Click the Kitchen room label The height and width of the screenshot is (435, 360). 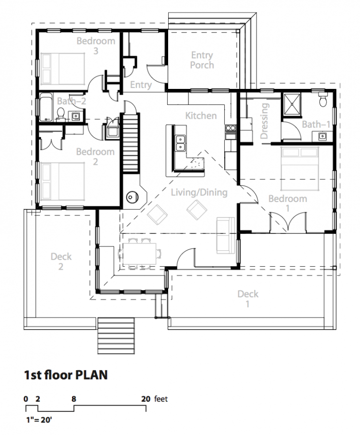[x=201, y=116]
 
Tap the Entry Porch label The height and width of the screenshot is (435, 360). [x=202, y=60]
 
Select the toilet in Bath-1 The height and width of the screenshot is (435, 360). [x=323, y=100]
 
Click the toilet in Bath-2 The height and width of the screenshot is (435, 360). [x=60, y=114]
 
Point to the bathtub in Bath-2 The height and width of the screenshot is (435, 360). [x=46, y=107]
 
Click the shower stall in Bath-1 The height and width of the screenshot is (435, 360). [x=291, y=103]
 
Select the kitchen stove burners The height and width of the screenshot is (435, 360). [x=230, y=128]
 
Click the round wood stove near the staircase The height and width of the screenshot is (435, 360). [x=132, y=197]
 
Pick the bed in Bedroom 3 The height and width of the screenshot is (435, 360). [x=63, y=69]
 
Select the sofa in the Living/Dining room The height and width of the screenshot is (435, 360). [x=226, y=235]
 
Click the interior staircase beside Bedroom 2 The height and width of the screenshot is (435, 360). [x=130, y=143]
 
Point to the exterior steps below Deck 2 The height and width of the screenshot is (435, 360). [x=116, y=336]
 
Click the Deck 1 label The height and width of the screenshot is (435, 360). [x=248, y=299]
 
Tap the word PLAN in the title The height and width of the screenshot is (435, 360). [x=91, y=375]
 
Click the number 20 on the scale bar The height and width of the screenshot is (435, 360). [x=146, y=399]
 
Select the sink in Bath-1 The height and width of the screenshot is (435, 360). [x=322, y=136]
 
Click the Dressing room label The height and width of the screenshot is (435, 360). [x=264, y=121]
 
